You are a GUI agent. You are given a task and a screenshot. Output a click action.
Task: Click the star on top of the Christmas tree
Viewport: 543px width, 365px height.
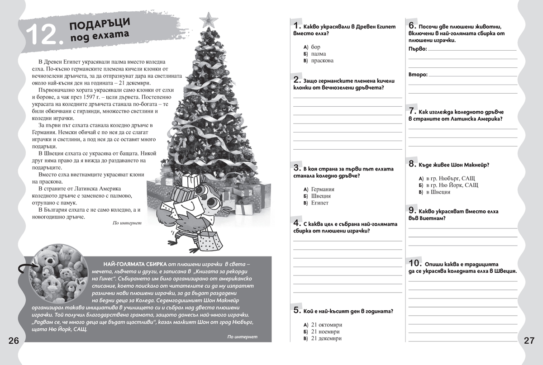210,19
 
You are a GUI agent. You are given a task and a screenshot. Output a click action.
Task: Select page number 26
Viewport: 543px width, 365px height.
13,341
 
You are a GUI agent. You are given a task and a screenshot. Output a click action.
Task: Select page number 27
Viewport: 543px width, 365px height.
529,341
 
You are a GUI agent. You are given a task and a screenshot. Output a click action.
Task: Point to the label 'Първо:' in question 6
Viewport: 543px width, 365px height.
417,48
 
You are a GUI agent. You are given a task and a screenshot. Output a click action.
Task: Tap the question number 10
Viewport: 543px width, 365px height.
414,263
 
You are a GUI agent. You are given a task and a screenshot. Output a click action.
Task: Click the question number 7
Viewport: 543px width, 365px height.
412,110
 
